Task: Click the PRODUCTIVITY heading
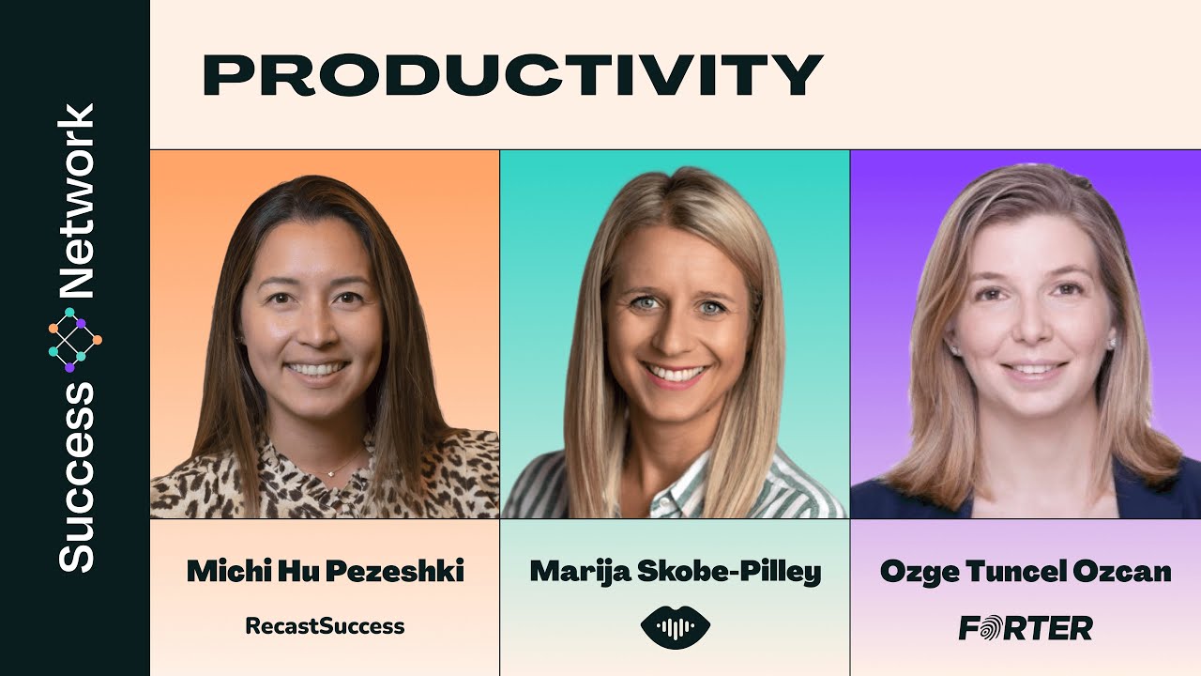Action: point(512,75)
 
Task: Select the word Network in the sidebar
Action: point(76,201)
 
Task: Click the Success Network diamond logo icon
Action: point(75,339)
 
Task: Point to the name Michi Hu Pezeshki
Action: point(325,571)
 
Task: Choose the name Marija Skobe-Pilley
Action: point(675,571)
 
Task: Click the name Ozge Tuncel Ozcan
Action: point(1025,571)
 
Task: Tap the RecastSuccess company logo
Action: point(325,626)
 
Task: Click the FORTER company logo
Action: point(1025,628)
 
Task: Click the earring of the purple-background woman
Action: point(1112,344)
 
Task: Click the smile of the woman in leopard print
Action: point(316,369)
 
